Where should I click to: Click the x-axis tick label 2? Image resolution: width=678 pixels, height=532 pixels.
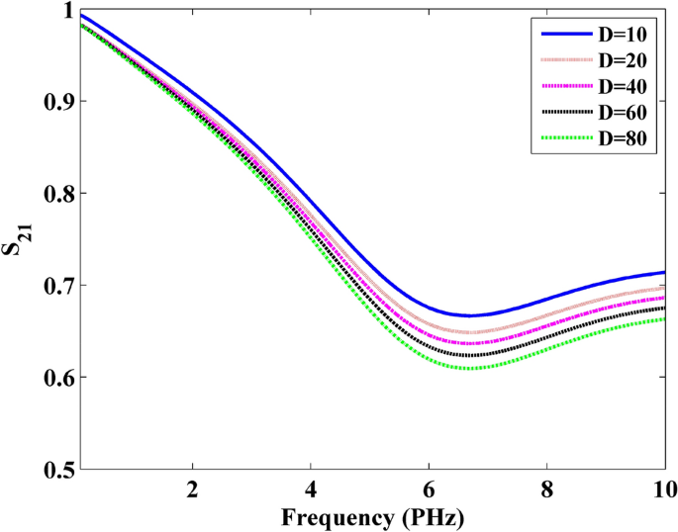click(x=193, y=489)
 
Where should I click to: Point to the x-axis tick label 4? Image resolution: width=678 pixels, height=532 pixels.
click(x=311, y=489)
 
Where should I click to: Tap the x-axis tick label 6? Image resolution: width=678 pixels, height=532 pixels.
click(x=429, y=489)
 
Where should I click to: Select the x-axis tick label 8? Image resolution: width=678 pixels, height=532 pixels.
click(x=546, y=489)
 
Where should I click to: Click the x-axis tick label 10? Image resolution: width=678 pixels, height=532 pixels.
click(x=663, y=489)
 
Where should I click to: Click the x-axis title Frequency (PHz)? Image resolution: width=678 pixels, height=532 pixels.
click(x=372, y=516)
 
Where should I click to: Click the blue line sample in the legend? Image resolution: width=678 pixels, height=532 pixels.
click(x=565, y=36)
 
